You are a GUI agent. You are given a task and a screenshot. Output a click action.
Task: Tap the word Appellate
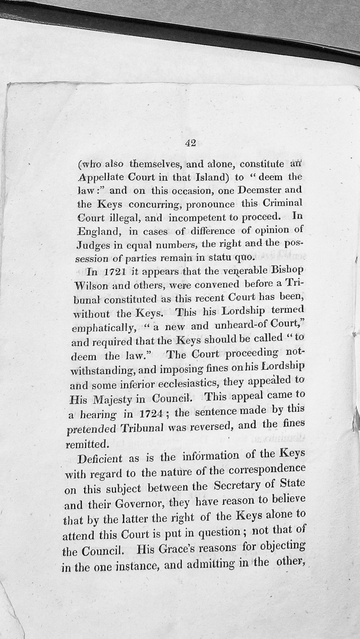tap(101, 177)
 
